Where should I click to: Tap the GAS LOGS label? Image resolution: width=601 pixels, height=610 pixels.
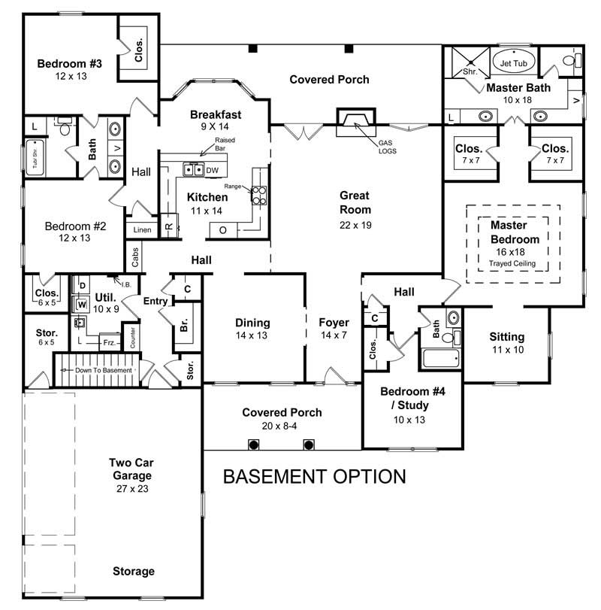pyautogui.click(x=388, y=147)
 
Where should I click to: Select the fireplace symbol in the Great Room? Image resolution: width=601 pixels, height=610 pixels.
pyautogui.click(x=351, y=123)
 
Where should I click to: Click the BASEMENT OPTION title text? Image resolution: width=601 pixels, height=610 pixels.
pyautogui.click(x=315, y=476)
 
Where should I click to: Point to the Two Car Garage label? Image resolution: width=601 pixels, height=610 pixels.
pyautogui.click(x=130, y=469)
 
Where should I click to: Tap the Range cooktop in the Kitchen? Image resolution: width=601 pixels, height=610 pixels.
pyautogui.click(x=259, y=196)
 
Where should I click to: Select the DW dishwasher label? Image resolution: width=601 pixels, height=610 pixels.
pyautogui.click(x=212, y=170)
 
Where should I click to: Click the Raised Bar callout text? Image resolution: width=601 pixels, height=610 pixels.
pyautogui.click(x=225, y=144)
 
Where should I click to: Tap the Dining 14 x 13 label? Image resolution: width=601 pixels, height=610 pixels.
pyautogui.click(x=252, y=329)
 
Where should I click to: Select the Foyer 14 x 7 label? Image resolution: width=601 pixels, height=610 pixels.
pyautogui.click(x=332, y=329)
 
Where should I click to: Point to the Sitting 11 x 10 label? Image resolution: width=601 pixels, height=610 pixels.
pyautogui.click(x=506, y=343)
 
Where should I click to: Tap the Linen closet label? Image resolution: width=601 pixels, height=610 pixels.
pyautogui.click(x=142, y=229)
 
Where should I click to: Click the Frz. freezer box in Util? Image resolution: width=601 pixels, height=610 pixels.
pyautogui.click(x=109, y=341)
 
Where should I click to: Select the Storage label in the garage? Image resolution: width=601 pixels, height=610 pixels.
pyautogui.click(x=134, y=571)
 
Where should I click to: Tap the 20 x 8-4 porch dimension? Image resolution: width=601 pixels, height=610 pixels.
pyautogui.click(x=281, y=426)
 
